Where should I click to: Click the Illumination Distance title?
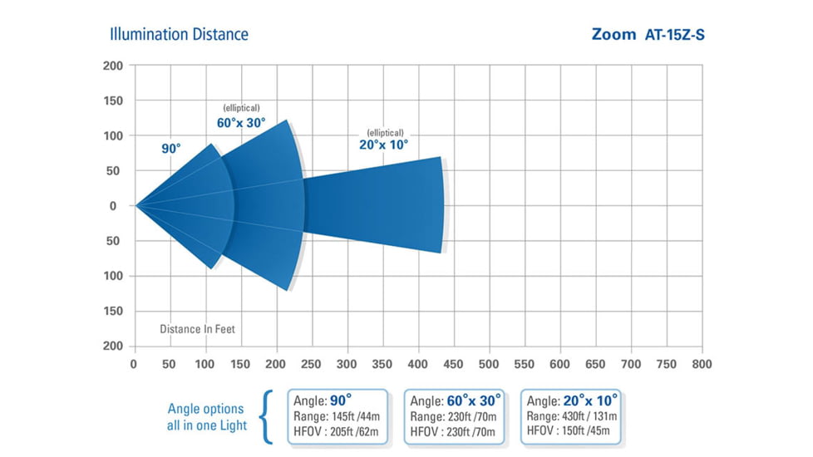(x=179, y=34)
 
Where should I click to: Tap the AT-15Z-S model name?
(x=675, y=35)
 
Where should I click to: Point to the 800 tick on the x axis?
(x=702, y=364)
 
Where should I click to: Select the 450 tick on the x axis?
(x=453, y=364)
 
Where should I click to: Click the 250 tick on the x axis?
(x=312, y=364)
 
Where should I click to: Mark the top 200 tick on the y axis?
(x=113, y=66)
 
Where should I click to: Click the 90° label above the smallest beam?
(x=171, y=149)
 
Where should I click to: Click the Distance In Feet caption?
(x=197, y=329)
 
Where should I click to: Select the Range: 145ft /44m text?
(x=331, y=415)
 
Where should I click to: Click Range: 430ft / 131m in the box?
(x=571, y=415)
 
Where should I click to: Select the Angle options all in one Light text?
(x=207, y=417)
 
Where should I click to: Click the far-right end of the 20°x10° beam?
(x=441, y=205)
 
